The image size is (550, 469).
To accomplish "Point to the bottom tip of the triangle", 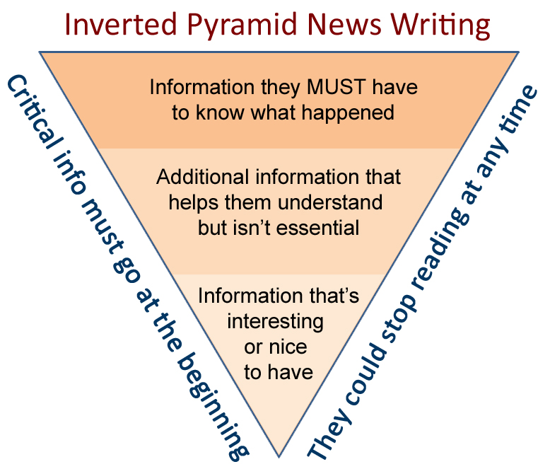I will point(280,453).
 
